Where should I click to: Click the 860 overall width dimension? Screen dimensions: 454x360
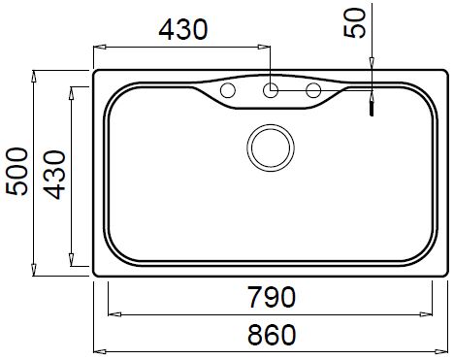point(272,335)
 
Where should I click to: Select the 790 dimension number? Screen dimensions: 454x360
point(272,297)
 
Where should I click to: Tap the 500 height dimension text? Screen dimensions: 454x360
point(16,172)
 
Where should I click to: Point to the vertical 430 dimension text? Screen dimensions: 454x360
point(54,175)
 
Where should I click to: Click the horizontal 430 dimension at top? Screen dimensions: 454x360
point(183,29)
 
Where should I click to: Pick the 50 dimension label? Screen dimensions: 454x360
point(354,23)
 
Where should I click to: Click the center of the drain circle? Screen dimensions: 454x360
point(271,147)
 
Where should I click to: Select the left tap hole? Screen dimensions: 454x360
point(228,90)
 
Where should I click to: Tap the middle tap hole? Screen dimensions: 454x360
point(271,90)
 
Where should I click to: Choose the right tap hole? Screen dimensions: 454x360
point(313,90)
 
